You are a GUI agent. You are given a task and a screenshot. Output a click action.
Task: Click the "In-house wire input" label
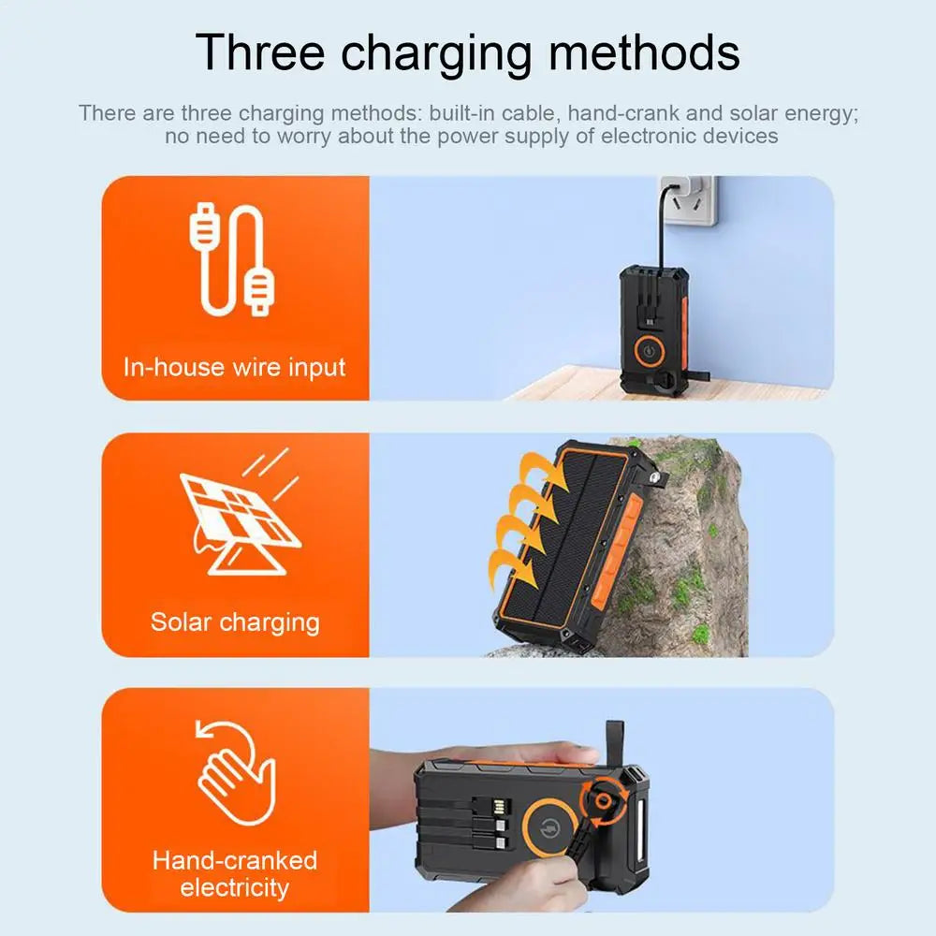(x=234, y=366)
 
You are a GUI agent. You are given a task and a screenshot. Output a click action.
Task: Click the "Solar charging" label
(x=235, y=622)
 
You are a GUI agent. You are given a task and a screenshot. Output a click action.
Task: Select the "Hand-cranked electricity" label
(x=235, y=872)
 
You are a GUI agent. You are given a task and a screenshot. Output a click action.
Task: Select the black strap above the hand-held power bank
(x=613, y=743)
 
